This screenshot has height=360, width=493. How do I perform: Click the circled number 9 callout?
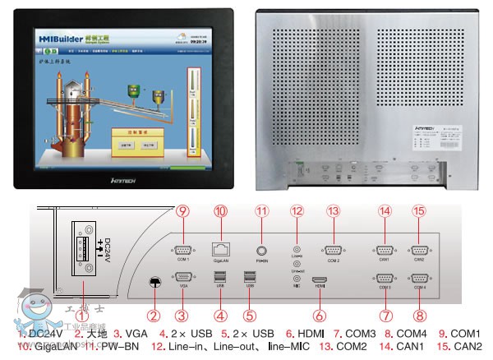[x=182, y=210]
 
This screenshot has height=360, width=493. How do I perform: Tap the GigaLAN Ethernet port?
[x=221, y=247]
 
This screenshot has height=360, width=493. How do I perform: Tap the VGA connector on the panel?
[x=182, y=278]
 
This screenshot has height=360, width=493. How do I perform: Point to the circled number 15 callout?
[x=419, y=210]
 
